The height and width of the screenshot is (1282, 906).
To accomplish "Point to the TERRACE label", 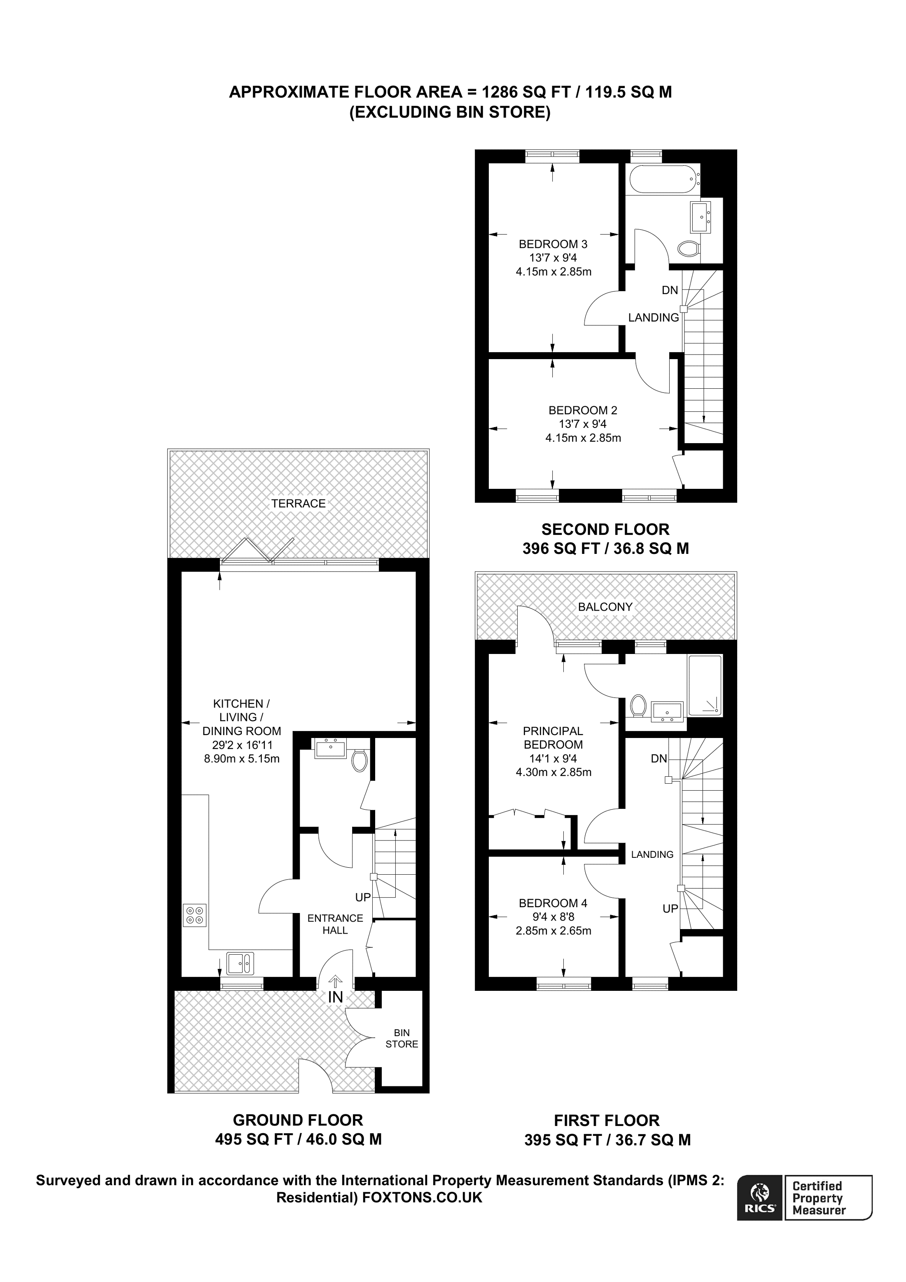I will [298, 503].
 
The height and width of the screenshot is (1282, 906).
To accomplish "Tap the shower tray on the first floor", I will [705, 686].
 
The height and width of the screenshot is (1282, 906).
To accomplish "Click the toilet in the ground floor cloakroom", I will [360, 761].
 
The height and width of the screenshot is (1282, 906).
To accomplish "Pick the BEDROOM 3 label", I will [553, 244].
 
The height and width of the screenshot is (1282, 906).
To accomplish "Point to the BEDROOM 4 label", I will [553, 903].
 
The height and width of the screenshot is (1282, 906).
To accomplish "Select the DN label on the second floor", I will [670, 290].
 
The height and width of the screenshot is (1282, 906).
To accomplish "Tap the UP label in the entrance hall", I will [363, 897].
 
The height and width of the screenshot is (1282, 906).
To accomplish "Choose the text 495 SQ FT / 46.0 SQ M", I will [298, 1139].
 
